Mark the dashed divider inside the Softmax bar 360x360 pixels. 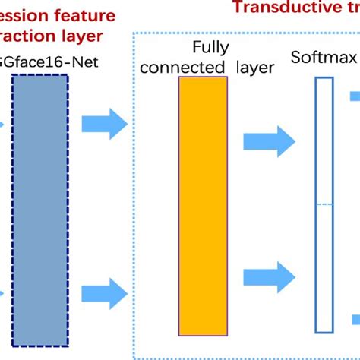tap(324, 204)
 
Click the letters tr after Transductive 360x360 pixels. tap(349, 8)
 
